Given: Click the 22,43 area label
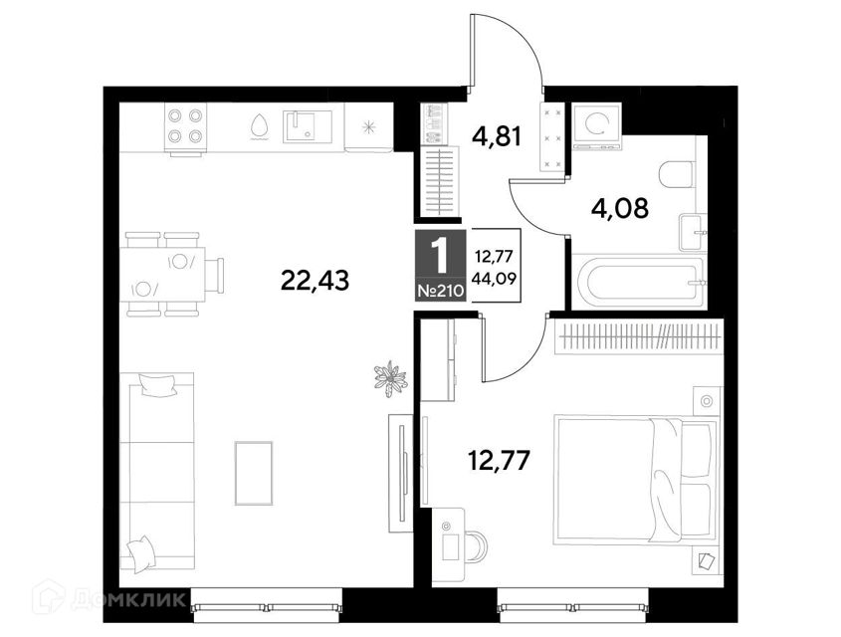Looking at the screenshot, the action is [315, 280].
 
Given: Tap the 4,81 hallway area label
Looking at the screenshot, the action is [497, 136].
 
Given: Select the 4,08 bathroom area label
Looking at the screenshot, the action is [619, 207].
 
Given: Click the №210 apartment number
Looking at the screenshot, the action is [440, 292].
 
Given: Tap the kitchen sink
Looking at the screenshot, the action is [308, 126].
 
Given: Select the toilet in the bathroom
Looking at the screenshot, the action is [677, 174].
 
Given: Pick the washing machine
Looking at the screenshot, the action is [597, 127].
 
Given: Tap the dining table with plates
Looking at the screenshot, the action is [166, 274].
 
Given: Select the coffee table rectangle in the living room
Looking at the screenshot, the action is [254, 473].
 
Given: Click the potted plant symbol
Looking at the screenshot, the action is [390, 378].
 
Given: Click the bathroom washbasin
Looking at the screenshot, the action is [693, 232].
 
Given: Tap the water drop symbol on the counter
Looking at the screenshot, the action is [259, 127].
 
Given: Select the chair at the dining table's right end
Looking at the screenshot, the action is [215, 275].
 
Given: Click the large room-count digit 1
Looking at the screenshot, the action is [440, 257].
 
